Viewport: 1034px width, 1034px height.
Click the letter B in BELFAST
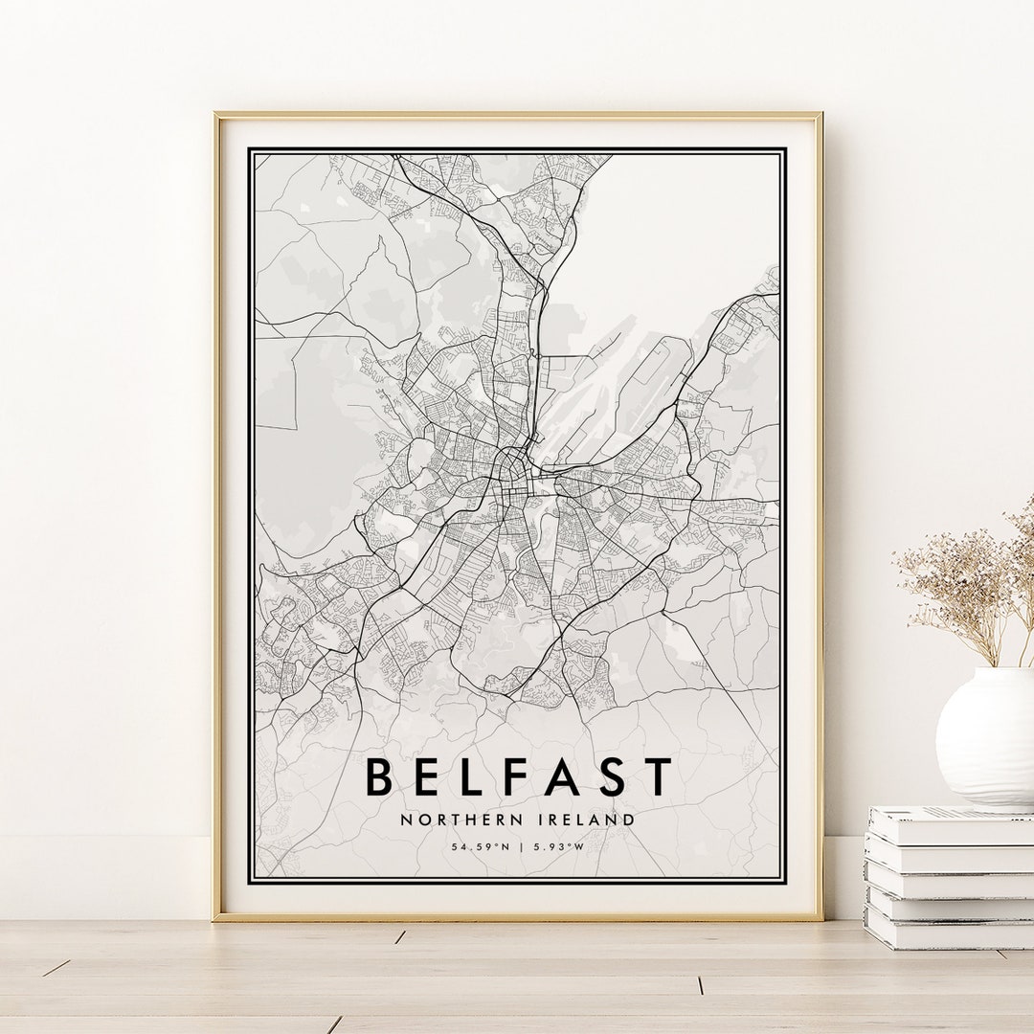click(x=380, y=776)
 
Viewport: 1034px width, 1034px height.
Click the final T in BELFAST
click(x=659, y=776)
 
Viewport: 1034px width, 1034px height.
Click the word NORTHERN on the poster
click(x=448, y=820)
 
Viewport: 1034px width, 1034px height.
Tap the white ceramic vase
click(x=986, y=732)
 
